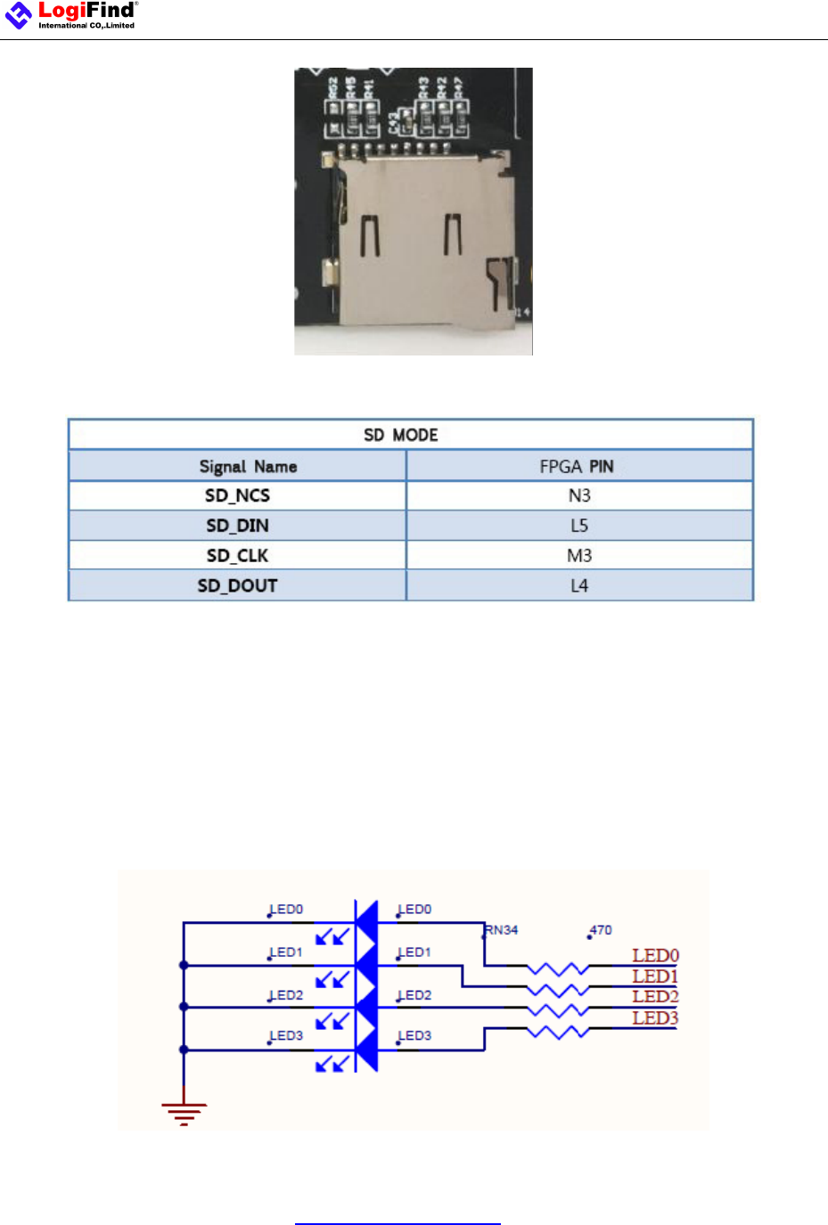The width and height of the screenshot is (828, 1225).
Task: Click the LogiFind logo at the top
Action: pos(71,15)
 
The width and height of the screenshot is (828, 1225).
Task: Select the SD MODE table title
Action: pos(401,435)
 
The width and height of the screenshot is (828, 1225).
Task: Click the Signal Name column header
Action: pos(248,466)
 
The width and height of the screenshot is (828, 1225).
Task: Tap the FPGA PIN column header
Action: pos(577,466)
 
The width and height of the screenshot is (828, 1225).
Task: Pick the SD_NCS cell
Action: pos(237,495)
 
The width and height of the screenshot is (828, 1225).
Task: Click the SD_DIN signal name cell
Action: pos(237,526)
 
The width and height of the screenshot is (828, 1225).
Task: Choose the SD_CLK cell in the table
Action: pos(237,556)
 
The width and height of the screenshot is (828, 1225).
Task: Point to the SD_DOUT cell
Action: pos(237,585)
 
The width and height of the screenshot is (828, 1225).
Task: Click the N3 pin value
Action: pos(579,495)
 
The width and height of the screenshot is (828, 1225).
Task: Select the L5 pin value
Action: pos(579,526)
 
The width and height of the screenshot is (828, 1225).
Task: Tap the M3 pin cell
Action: pos(579,556)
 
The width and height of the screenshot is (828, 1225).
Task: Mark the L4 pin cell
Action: pos(579,585)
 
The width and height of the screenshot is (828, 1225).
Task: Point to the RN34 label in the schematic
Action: pos(502,930)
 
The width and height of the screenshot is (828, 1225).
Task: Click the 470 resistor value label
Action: pos(602,930)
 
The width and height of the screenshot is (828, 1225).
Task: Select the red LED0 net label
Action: pos(655,956)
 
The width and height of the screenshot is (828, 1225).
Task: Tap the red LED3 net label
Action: pos(655,1018)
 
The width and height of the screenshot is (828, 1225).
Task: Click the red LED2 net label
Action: pos(655,997)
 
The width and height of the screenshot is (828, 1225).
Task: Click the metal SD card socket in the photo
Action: pos(419,241)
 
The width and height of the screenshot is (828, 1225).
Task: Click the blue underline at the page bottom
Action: pos(398,1223)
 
